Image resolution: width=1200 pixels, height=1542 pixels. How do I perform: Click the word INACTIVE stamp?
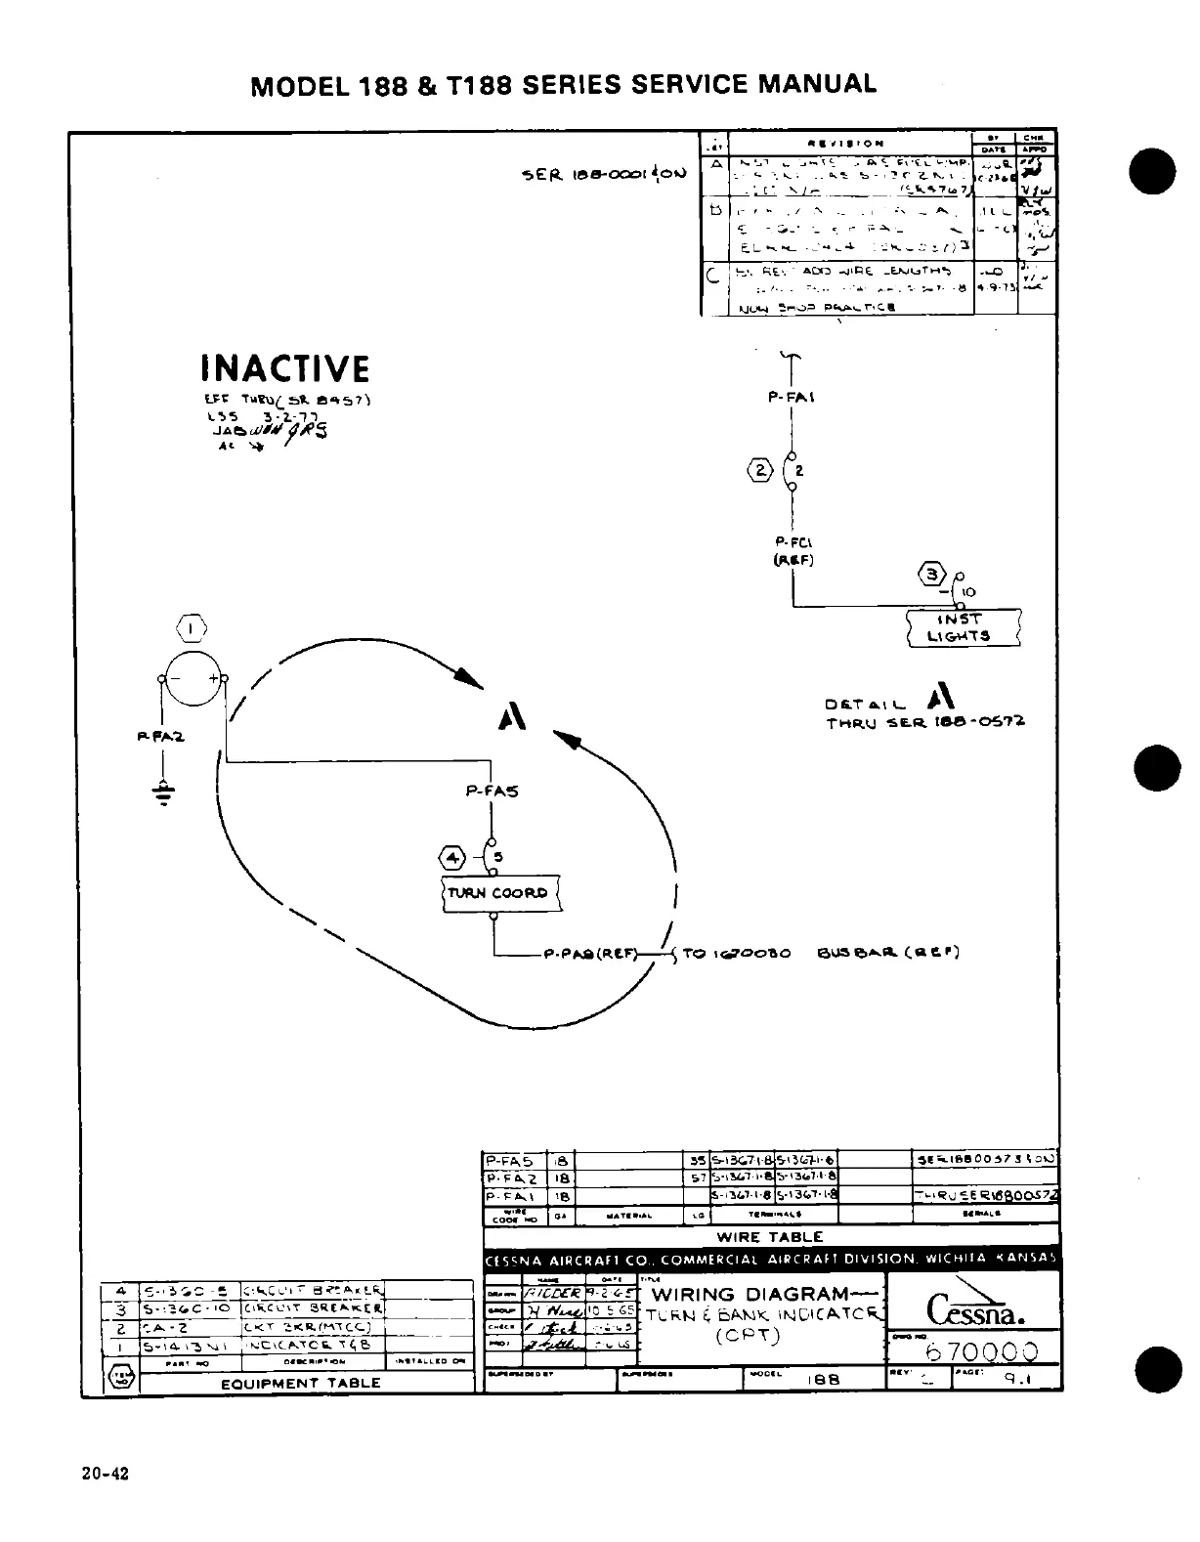[x=284, y=369]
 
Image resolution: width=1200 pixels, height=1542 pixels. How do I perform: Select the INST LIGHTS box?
[x=964, y=627]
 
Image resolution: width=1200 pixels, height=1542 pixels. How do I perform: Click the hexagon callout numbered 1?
[x=193, y=626]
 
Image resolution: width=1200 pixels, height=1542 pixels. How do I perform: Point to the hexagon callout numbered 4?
[x=455, y=858]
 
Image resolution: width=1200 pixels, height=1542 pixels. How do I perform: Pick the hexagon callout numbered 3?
[x=935, y=574]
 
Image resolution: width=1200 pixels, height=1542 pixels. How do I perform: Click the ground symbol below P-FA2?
[x=163, y=794]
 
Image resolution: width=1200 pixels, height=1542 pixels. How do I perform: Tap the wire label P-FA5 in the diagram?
[x=492, y=792]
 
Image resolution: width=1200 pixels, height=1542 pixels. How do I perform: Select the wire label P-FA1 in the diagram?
[x=793, y=398]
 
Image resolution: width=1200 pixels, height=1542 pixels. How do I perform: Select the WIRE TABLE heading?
[x=770, y=1236]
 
